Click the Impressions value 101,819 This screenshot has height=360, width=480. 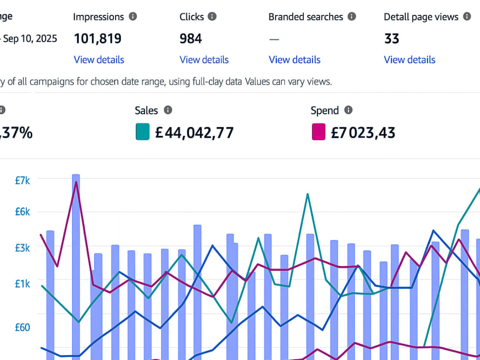point(97,38)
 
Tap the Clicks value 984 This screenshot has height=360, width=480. point(191,38)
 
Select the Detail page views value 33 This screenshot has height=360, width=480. point(392,38)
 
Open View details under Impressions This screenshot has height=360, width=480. point(99,60)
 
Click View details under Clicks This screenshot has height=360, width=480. point(204,60)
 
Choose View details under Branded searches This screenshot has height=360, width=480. point(295,60)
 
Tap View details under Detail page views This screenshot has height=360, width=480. point(409,60)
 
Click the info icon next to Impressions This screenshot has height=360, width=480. point(133,16)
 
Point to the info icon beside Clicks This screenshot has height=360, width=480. point(212,16)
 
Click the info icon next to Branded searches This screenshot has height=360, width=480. point(352,16)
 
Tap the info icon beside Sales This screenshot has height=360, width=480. point(168,110)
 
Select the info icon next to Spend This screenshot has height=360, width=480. point(348,110)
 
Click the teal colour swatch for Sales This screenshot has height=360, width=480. point(143,132)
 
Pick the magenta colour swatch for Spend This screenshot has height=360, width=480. point(318,132)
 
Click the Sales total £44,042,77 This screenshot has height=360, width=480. point(194,133)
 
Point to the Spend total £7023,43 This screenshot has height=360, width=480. point(363,133)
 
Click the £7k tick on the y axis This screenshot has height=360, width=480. point(23,180)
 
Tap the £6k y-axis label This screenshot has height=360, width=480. point(23,212)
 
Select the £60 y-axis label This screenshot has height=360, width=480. point(23,327)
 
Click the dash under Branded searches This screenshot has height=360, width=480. point(274,39)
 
